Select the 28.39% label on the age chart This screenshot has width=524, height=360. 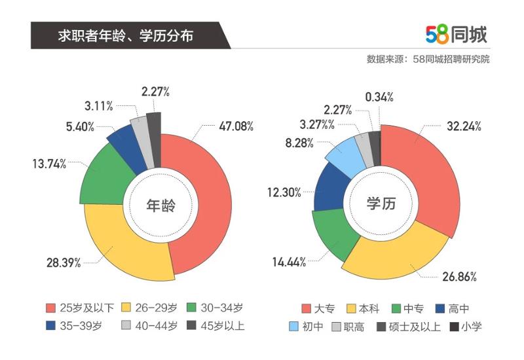pos(64,262)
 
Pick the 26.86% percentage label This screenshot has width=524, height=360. pos(458,276)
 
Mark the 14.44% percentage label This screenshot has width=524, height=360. pos(290,262)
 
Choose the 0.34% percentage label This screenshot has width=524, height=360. pos(379,97)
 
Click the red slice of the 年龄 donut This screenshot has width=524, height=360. pos(210,196)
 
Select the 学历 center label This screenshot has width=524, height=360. pos(381,204)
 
